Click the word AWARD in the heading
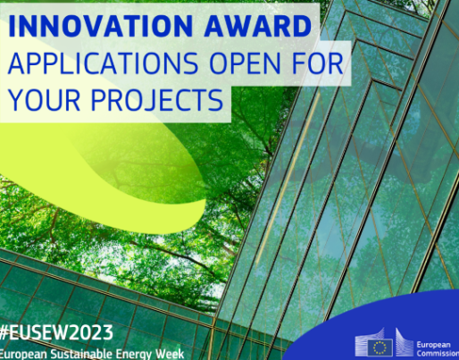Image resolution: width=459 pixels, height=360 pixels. tap(258, 26)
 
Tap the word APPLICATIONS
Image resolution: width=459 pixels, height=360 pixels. tap(104, 63)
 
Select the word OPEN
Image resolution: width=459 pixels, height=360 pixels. tap(245, 63)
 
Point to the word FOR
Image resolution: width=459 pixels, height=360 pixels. tap(318, 63)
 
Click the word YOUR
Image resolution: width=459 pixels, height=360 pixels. tap(45, 99)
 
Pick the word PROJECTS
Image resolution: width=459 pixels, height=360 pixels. tap(157, 99)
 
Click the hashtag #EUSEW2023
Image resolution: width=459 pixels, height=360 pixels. tap(56, 332)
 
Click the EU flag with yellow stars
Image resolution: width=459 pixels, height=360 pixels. tap(380, 347)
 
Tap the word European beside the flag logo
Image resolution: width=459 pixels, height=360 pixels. tap(433, 345)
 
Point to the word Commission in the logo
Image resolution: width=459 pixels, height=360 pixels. tap(438, 354)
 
